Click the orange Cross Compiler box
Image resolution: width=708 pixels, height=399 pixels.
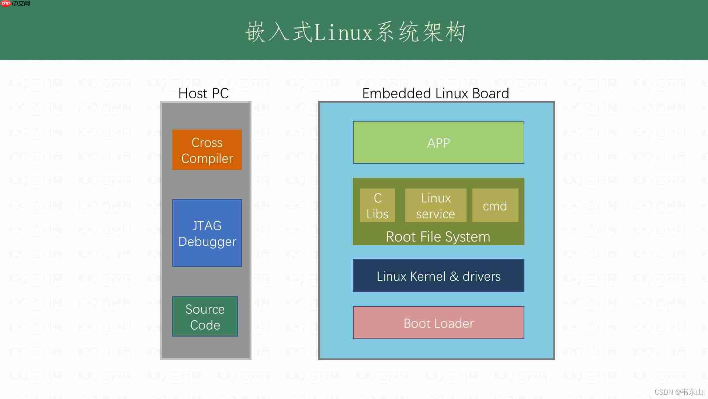207,150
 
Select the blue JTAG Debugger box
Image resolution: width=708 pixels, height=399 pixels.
207,233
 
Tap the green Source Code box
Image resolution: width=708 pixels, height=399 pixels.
205,317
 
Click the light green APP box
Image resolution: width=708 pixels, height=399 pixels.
438,142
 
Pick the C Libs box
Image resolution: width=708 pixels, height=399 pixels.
377,205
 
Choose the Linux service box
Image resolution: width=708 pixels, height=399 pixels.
435,205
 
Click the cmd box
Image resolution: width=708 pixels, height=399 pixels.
495,205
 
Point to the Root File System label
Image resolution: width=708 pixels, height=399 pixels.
438,237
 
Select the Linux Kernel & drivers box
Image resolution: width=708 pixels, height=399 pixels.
438,276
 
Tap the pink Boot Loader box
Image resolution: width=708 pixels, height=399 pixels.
438,323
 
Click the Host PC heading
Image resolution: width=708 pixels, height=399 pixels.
204,93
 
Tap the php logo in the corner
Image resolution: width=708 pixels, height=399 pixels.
6,4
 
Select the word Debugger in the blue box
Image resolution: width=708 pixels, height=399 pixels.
207,242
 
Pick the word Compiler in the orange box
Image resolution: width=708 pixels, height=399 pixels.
207,158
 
